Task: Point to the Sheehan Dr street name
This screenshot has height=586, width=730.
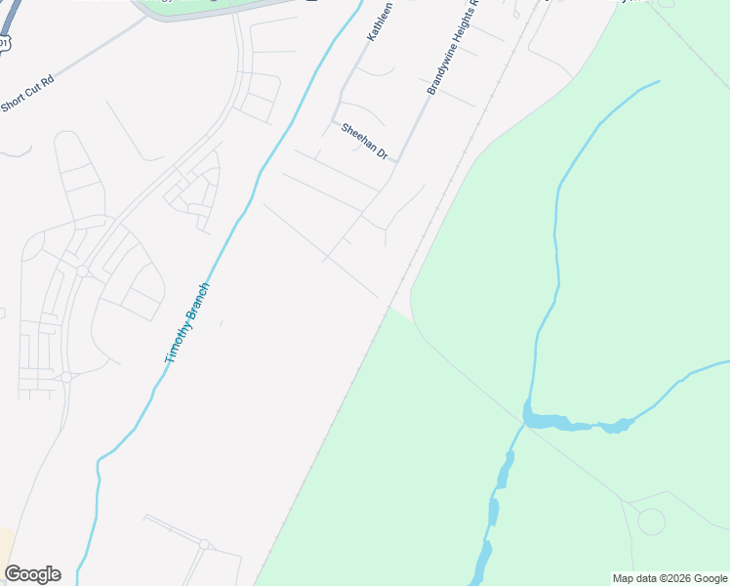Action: (364, 142)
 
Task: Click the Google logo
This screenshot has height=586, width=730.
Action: (32, 574)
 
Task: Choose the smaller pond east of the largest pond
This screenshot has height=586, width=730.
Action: (617, 425)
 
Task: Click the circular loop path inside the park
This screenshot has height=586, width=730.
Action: (651, 521)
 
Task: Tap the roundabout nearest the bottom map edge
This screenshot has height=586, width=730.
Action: (204, 544)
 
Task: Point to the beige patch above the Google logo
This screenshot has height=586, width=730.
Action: (5, 542)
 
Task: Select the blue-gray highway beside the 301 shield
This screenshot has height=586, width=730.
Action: (10, 20)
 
